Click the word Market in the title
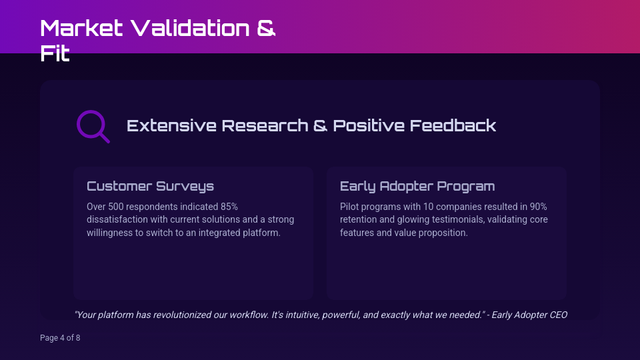81,28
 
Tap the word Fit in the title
55,53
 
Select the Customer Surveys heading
150,186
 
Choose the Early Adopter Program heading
417,186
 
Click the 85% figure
229,207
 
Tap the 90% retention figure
539,207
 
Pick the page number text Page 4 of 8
60,338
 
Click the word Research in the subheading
265,126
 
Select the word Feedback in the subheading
453,126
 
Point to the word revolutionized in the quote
181,315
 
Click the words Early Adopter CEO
529,315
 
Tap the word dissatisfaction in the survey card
117,219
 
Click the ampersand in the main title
266,28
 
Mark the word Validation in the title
190,28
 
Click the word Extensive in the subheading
171,126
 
